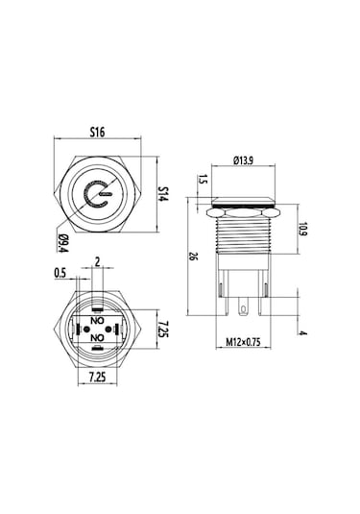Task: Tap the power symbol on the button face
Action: tap(96, 198)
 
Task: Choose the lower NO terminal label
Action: tap(96, 338)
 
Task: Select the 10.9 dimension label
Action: tap(301, 231)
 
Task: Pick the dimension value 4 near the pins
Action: tap(303, 333)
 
